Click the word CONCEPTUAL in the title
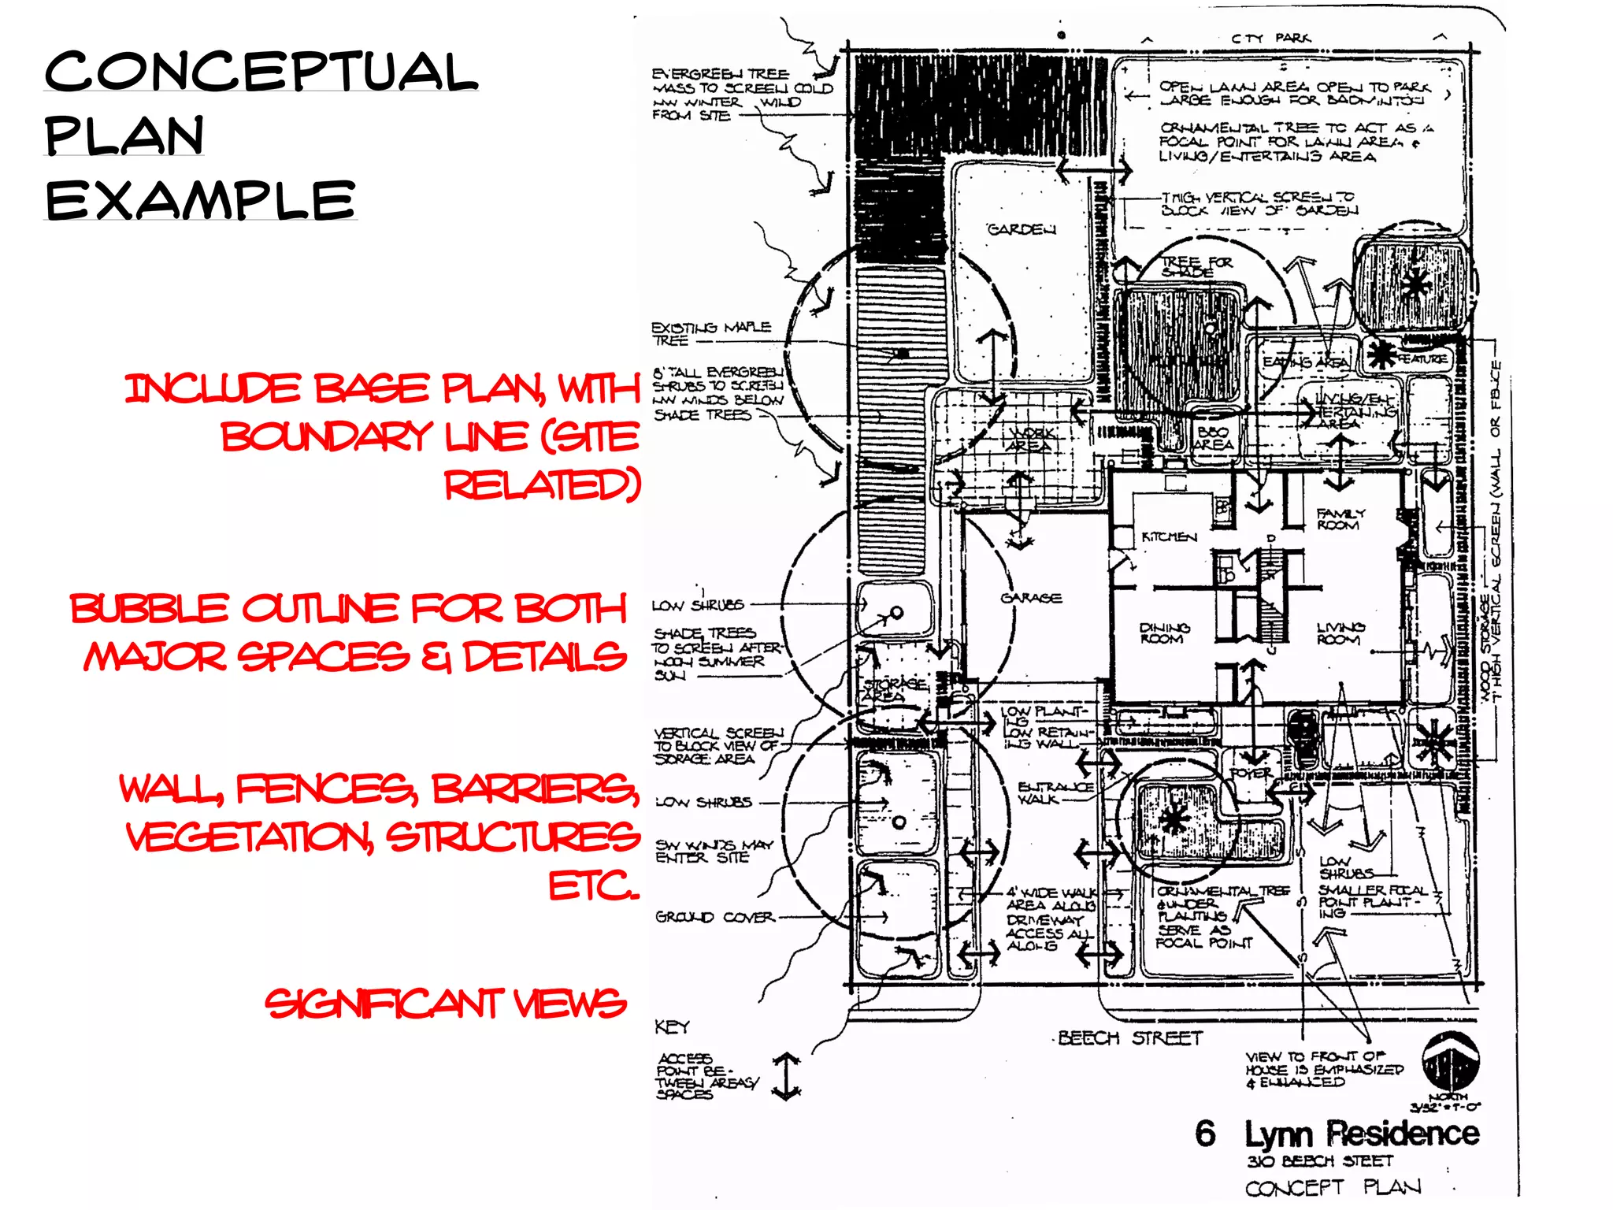(x=260, y=71)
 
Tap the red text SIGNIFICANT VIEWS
(x=445, y=1004)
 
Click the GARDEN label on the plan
(x=1022, y=229)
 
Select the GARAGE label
(x=1031, y=598)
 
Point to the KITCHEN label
(x=1169, y=536)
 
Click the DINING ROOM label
(x=1164, y=633)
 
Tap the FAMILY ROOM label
(x=1340, y=518)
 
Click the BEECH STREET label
(x=1130, y=1038)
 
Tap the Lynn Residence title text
(x=1362, y=1134)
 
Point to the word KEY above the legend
(x=672, y=1026)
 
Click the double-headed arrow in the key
(x=787, y=1076)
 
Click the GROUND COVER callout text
(x=715, y=917)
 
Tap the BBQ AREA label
(x=1213, y=438)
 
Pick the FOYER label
(x=1251, y=774)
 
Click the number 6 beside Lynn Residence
(x=1205, y=1134)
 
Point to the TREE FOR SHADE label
(x=1196, y=266)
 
